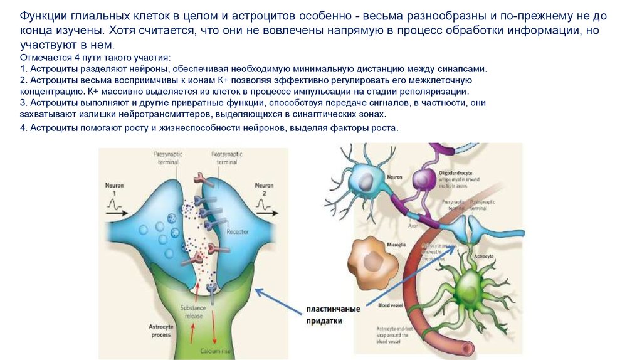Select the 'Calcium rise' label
pos(213,350)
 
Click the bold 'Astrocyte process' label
pos(161,331)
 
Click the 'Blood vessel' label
pos(389,305)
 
